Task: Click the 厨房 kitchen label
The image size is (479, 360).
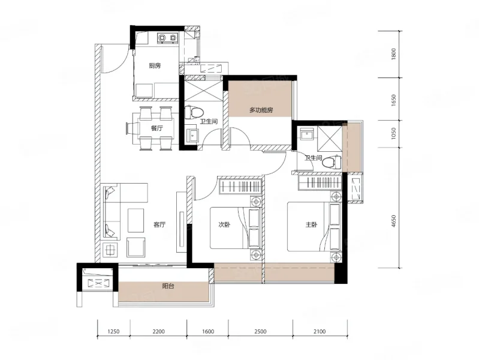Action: (x=155, y=65)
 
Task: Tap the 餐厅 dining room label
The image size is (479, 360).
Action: (x=156, y=128)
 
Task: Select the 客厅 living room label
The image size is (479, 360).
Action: (x=159, y=225)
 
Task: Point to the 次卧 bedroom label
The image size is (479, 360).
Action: (x=224, y=225)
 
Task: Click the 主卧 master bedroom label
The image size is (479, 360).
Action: (x=311, y=225)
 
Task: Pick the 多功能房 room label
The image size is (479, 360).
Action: (x=261, y=110)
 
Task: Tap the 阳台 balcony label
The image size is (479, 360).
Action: (x=168, y=286)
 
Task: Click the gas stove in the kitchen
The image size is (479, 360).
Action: (x=167, y=38)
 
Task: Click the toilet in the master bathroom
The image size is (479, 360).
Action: (x=332, y=162)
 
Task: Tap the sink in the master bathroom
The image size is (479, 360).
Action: (x=306, y=134)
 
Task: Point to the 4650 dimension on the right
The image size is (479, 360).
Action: (x=393, y=221)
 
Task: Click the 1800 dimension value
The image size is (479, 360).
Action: (x=393, y=54)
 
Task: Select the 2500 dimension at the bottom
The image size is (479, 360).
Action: (x=260, y=331)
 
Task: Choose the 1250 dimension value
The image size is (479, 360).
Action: (x=113, y=331)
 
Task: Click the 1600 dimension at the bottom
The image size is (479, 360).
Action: (x=208, y=331)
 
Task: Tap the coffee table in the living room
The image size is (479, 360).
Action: (x=135, y=221)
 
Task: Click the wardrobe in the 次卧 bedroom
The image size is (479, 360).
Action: (x=241, y=185)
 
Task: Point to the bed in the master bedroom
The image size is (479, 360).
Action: (x=314, y=226)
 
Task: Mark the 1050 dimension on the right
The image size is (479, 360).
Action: (x=393, y=133)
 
